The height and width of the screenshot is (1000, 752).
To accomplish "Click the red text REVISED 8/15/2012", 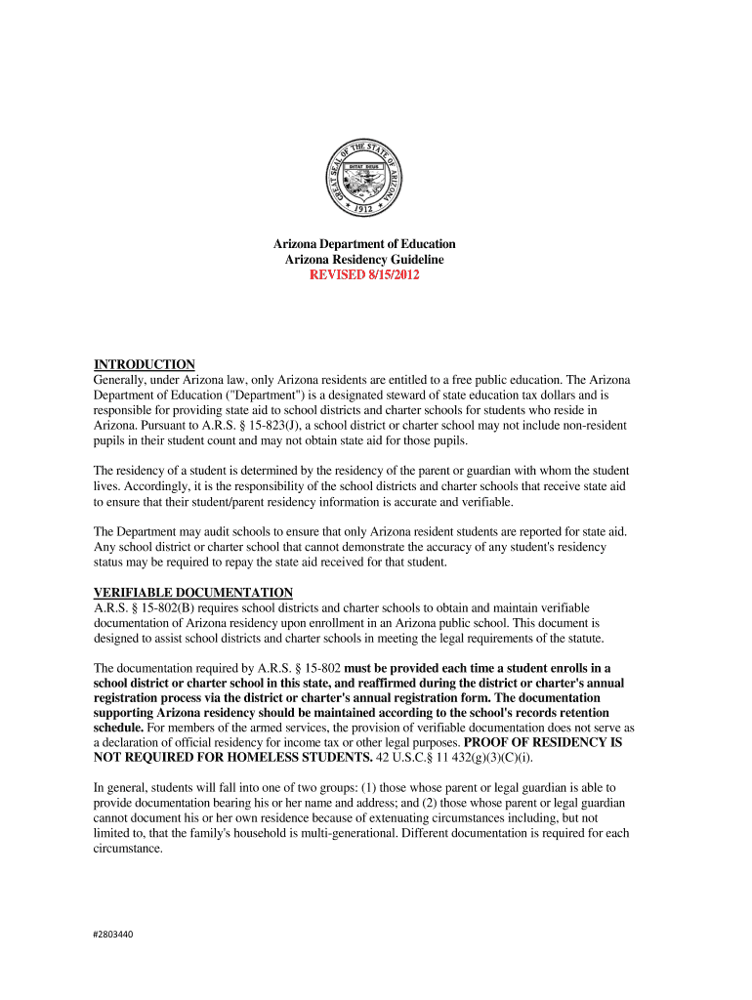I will pos(363,275).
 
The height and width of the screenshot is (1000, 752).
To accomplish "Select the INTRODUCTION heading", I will pos(144,364).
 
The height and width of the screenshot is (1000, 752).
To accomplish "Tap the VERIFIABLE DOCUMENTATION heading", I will pos(192,592).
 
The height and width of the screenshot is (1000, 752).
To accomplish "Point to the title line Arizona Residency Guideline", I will pos(363,260).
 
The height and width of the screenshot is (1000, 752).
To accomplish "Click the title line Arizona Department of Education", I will pos(363,244).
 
